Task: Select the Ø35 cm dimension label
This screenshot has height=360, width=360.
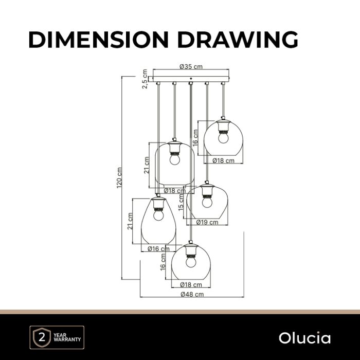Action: pyautogui.click(x=191, y=67)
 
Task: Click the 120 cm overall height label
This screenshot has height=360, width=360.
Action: pyautogui.click(x=119, y=178)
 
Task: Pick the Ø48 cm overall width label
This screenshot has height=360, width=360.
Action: pyautogui.click(x=192, y=294)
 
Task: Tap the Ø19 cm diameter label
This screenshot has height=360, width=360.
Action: pyautogui.click(x=207, y=222)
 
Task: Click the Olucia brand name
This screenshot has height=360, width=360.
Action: pyautogui.click(x=304, y=338)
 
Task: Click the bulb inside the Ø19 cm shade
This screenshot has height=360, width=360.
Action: pyautogui.click(x=207, y=202)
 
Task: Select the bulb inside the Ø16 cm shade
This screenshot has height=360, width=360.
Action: pyautogui.click(x=158, y=215)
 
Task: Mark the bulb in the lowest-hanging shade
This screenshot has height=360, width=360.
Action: pyautogui.click(x=191, y=261)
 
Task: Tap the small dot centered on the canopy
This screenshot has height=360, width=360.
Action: pyautogui.click(x=191, y=79)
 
